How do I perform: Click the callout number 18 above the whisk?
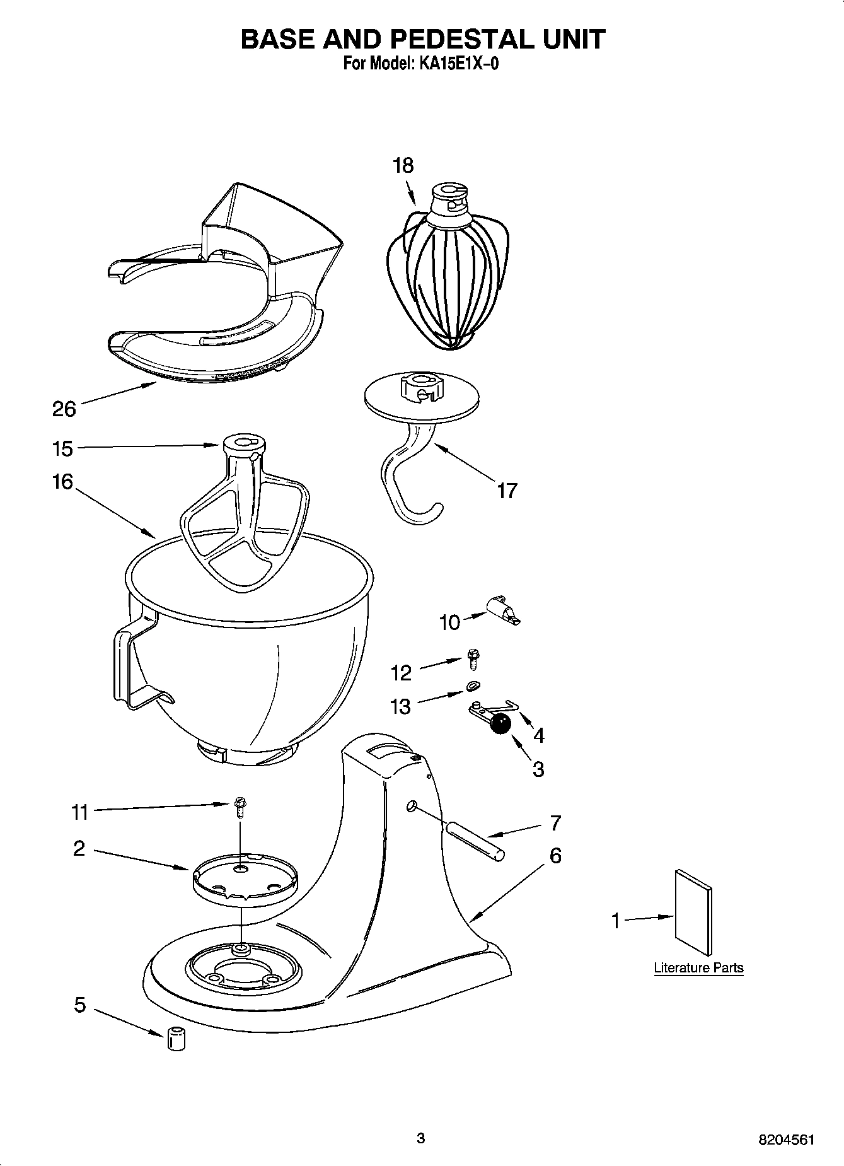coord(403,165)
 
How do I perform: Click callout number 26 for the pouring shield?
coord(64,409)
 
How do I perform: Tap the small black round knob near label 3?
coord(500,725)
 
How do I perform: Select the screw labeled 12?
coord(473,659)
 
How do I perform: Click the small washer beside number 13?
coord(473,686)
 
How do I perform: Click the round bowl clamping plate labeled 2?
coord(244,878)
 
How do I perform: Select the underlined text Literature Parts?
coord(698,968)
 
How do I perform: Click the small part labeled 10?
coord(504,610)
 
